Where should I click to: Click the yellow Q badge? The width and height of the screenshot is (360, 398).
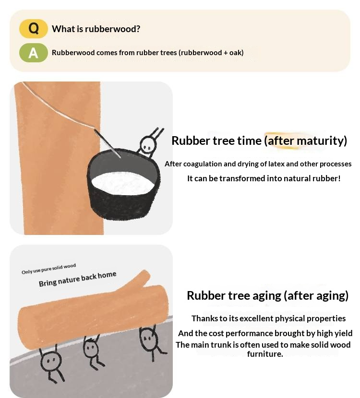pyautogui.click(x=34, y=28)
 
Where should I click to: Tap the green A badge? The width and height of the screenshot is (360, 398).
pyautogui.click(x=34, y=53)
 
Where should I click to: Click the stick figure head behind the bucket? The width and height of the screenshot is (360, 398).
pyautogui.click(x=148, y=144)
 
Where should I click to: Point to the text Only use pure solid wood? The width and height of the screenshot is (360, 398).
pyautogui.click(x=49, y=269)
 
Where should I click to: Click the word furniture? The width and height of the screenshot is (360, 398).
pyautogui.click(x=265, y=354)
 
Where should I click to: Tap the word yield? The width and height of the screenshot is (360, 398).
pyautogui.click(x=344, y=334)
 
